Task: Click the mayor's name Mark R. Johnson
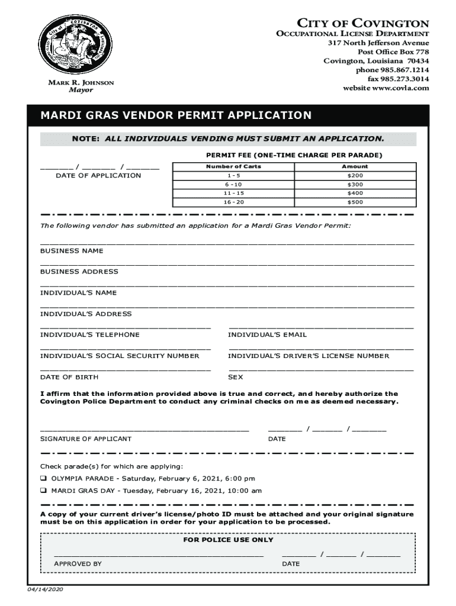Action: point(81,82)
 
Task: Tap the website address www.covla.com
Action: point(386,88)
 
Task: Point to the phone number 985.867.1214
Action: point(392,70)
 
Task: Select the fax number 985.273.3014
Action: point(398,79)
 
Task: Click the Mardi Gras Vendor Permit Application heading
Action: point(175,115)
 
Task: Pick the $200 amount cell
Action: point(355,176)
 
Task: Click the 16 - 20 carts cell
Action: point(233,202)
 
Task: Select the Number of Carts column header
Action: point(233,166)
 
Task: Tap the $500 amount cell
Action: point(355,202)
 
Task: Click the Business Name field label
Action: point(72,251)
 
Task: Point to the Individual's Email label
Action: point(267,335)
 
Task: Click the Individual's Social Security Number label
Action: point(120,356)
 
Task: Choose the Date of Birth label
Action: point(69,377)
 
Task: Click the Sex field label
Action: point(236,377)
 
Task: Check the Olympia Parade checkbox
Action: point(43,478)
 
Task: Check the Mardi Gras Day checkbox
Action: point(43,491)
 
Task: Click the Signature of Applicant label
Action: point(86,439)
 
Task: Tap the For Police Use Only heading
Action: point(229,540)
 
